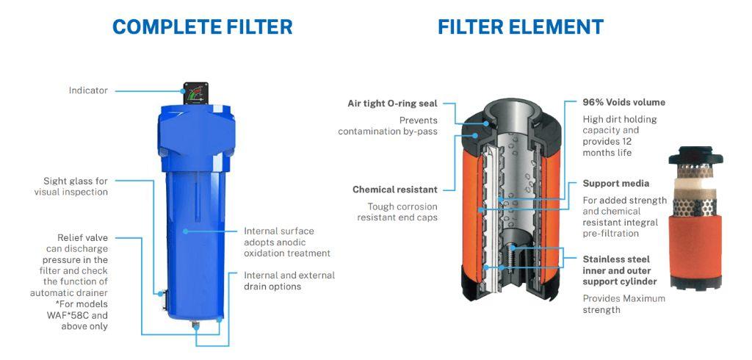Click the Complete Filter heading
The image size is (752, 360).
pyautogui.click(x=202, y=27)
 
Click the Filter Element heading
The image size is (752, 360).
pyautogui.click(x=521, y=27)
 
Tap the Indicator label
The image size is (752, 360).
pyautogui.click(x=88, y=90)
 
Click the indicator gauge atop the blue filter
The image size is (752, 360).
pyautogui.click(x=195, y=93)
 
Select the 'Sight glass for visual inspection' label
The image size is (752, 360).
pyautogui.click(x=71, y=186)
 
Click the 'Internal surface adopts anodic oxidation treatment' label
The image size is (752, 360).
pyautogui.click(x=287, y=242)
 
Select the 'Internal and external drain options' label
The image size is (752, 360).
pyautogui.click(x=289, y=281)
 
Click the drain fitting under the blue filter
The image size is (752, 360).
pyautogui.click(x=195, y=326)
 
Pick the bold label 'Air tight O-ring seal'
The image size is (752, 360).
pyautogui.click(x=393, y=103)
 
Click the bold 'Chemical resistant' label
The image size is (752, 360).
pyautogui.click(x=395, y=190)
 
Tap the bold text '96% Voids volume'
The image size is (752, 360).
pyautogui.click(x=624, y=102)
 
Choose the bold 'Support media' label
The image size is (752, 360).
pyautogui.click(x=616, y=184)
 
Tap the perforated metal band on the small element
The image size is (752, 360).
pyautogui.click(x=695, y=207)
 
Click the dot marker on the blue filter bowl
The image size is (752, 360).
pyautogui.click(x=185, y=231)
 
